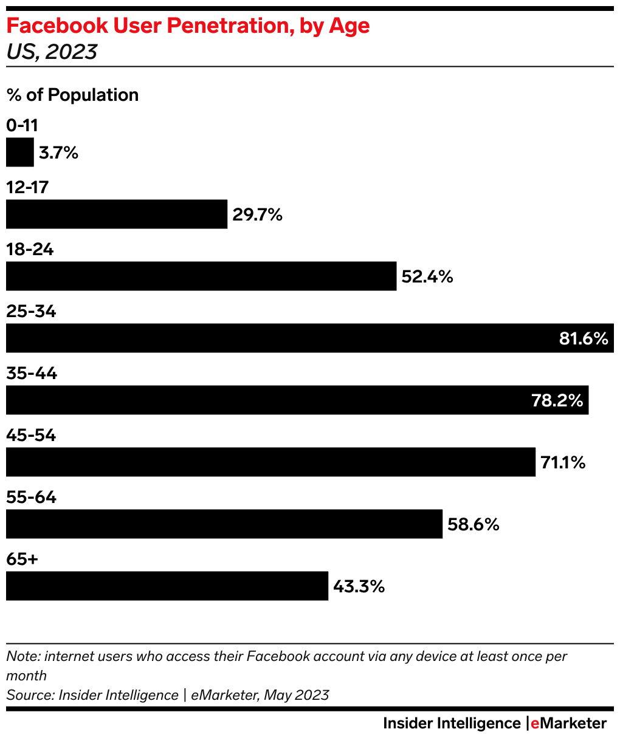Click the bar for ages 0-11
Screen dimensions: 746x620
[20, 152]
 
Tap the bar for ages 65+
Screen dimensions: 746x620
[167, 586]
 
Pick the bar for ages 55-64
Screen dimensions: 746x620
[224, 524]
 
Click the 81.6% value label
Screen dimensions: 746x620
[584, 338]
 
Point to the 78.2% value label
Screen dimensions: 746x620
[557, 400]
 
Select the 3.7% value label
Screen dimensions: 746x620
[59, 152]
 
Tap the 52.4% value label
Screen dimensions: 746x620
[427, 276]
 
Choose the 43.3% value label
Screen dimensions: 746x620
[359, 586]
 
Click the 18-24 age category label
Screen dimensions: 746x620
[30, 249]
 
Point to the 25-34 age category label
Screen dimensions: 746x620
[31, 311]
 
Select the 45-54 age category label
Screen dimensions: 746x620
[31, 435]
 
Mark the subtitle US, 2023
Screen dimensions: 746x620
[52, 52]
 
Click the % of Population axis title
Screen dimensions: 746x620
[72, 95]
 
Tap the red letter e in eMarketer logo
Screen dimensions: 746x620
[535, 724]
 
